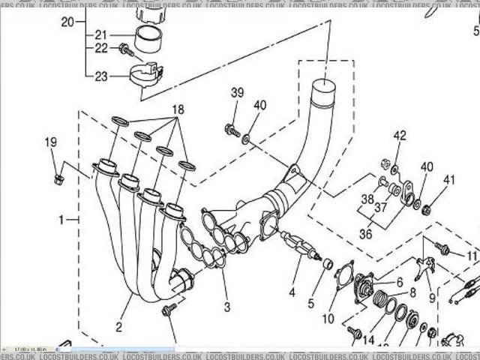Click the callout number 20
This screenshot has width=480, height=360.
(x=67, y=22)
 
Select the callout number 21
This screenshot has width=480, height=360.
(x=100, y=34)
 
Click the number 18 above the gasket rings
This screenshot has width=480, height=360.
(x=178, y=109)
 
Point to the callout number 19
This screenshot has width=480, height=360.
(x=50, y=142)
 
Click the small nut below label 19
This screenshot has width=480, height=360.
(x=58, y=178)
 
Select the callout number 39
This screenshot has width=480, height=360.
(x=237, y=93)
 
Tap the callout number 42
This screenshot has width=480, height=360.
(x=400, y=136)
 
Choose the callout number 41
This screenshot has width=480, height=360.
(x=449, y=180)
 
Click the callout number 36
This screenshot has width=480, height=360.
(x=365, y=233)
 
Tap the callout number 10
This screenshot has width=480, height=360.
(x=328, y=319)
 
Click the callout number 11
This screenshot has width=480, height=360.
(x=471, y=256)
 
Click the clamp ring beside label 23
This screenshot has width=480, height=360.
(x=146, y=76)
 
